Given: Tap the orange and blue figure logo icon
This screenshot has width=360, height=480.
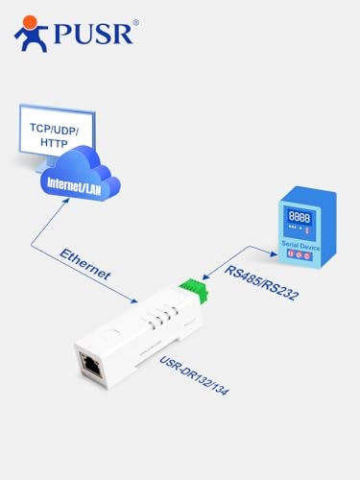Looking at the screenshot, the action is [30, 32].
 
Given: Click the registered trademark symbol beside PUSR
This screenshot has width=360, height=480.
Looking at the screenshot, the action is [134, 21].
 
